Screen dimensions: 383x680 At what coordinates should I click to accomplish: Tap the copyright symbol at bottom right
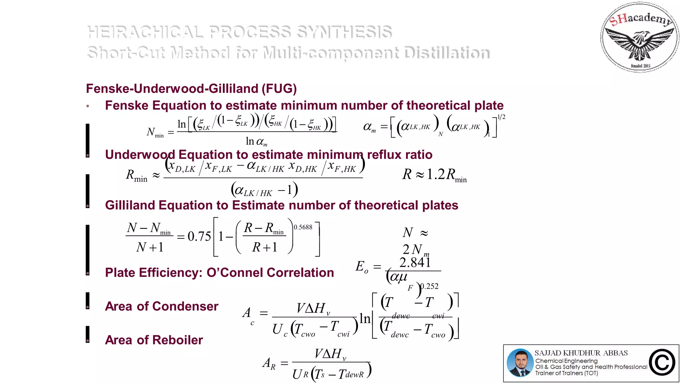click(662, 362)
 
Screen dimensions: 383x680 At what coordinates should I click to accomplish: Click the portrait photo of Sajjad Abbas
click(520, 363)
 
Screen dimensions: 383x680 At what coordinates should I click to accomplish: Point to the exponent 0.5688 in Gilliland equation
click(303, 227)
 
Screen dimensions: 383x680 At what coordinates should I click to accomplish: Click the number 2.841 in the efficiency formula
click(415, 263)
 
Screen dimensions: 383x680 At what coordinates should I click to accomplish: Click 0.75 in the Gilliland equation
click(199, 237)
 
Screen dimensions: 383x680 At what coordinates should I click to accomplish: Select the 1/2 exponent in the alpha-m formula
click(501, 117)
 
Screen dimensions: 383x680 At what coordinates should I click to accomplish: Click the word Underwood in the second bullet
click(140, 155)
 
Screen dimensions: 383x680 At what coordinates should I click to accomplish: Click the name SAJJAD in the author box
click(548, 353)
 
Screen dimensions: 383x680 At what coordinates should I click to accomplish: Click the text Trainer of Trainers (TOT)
click(566, 373)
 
